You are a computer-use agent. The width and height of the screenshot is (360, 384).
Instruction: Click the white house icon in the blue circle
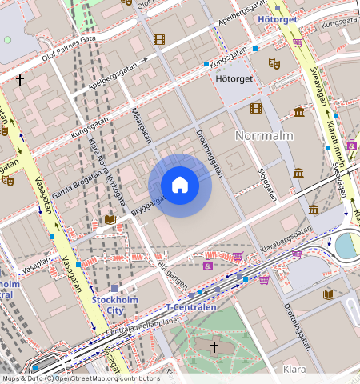point(180,186)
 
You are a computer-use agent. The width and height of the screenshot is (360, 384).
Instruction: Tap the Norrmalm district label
point(264,136)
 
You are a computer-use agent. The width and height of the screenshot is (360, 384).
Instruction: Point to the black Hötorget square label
point(235,78)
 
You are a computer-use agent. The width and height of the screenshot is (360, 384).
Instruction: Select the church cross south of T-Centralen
point(214,346)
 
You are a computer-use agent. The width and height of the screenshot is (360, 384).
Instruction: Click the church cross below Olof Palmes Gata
point(20,80)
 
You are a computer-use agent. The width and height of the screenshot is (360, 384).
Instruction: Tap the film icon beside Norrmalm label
point(255,108)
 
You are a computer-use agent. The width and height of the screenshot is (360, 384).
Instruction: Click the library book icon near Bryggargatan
point(110,219)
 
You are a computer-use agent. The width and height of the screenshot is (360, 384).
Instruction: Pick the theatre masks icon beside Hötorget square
point(274,62)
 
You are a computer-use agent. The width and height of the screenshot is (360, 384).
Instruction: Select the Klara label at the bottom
point(294,370)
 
